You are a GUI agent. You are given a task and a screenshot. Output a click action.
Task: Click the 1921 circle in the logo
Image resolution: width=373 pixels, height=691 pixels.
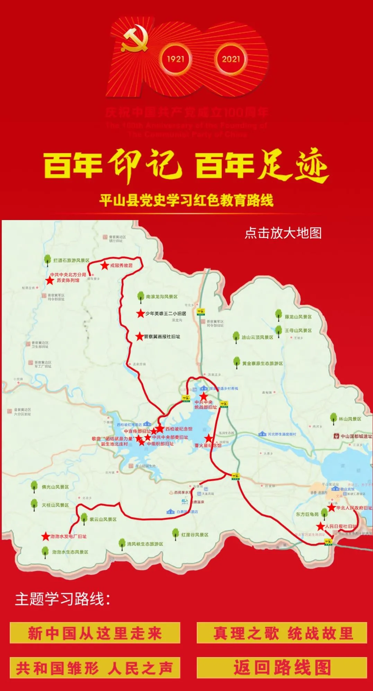pyautogui.click(x=176, y=59)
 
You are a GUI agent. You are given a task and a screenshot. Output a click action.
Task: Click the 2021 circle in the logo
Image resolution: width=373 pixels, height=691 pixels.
pyautogui.click(x=231, y=59)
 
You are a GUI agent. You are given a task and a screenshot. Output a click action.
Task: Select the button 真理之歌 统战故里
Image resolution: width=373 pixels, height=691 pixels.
pyautogui.click(x=282, y=633)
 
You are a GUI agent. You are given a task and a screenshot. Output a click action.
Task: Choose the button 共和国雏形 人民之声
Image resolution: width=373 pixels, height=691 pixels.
pyautogui.click(x=95, y=668)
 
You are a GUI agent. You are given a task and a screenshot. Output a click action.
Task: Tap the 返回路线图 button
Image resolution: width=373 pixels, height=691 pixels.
pyautogui.click(x=282, y=668)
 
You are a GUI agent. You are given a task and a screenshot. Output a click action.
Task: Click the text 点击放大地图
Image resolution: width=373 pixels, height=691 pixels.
pyautogui.click(x=283, y=233)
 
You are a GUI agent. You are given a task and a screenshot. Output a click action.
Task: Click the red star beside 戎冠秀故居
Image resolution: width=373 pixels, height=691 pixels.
pyautogui.click(x=105, y=265)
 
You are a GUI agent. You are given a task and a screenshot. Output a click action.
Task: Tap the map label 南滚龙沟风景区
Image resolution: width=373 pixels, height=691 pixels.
pyautogui.click(x=162, y=297)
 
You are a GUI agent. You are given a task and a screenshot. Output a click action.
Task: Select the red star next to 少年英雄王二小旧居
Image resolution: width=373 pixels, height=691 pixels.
pyautogui.click(x=140, y=314)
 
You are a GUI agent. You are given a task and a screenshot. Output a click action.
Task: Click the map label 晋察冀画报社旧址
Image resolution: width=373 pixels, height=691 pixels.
pyautogui.click(x=162, y=336)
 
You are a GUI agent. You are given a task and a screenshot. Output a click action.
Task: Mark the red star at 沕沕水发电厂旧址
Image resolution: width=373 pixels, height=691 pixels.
pyautogui.click(x=46, y=536)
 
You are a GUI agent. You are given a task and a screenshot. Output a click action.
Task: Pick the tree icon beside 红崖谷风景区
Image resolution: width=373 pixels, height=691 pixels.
pyautogui.click(x=176, y=534)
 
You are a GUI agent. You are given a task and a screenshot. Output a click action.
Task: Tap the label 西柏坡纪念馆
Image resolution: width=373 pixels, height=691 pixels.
pyautogui.click(x=179, y=429)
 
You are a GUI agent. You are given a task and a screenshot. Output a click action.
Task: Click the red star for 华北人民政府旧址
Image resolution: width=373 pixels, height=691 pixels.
pyautogui.click(x=331, y=508)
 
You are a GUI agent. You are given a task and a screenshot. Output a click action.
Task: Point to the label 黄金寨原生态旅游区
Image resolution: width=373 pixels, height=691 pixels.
pyautogui.click(x=263, y=364)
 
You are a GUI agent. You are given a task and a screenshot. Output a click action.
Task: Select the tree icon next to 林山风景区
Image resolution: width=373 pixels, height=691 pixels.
pyautogui.click(x=334, y=418)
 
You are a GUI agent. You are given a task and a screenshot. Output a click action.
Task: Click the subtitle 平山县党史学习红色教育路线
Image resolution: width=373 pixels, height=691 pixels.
pyautogui.click(x=186, y=200)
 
